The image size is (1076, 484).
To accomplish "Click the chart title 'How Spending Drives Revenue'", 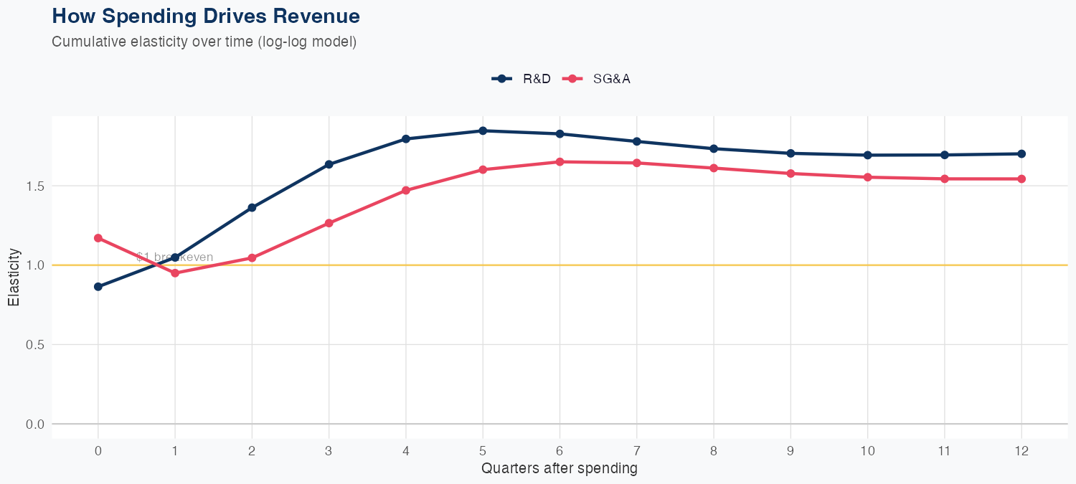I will pos(206,16).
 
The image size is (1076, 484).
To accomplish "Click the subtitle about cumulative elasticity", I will pos(204,42).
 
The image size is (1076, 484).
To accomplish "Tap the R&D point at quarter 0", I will pos(98,287).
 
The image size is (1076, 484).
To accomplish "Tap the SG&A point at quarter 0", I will pos(98,238).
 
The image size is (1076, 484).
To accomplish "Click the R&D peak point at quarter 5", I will pos(483,131).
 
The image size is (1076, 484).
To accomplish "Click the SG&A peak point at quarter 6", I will pos(560,162).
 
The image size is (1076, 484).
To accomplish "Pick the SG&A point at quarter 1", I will pos(175,273).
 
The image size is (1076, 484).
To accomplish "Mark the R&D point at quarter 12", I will pos(1021,153).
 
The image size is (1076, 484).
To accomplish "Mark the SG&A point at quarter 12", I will pos(1021,179).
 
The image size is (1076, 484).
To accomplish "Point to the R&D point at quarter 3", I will pos(329,164).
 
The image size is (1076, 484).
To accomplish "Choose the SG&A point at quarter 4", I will pos(406,190).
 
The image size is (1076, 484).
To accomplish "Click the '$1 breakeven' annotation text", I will pos(174,257).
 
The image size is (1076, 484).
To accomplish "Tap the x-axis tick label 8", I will pos(714,451).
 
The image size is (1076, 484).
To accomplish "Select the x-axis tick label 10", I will pos(867,451).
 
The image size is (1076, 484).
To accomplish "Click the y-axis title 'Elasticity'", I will pos(14,277).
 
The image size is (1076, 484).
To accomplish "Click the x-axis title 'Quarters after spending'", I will pos(560,469).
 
